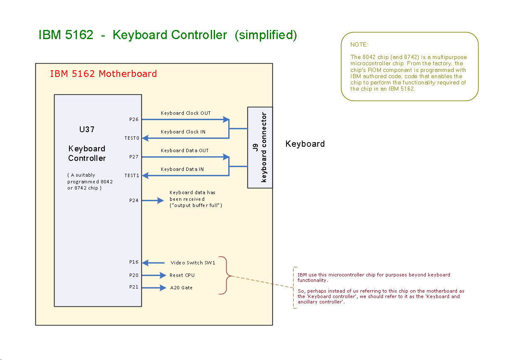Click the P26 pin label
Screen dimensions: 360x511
[x=133, y=119]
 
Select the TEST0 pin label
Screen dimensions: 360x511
[x=132, y=138]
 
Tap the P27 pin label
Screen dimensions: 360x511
[x=133, y=157]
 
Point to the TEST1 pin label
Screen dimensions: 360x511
[x=132, y=175]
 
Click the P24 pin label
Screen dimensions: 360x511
[x=133, y=200]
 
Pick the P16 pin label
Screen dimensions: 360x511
[x=133, y=262]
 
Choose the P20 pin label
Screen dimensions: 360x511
[x=133, y=275]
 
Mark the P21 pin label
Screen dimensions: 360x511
[x=133, y=288]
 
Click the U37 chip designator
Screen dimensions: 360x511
[x=87, y=129]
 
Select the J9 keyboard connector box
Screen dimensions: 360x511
[x=260, y=147]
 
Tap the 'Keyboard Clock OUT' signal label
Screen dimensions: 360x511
[x=185, y=113]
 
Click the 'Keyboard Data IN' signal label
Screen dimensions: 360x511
[x=182, y=169]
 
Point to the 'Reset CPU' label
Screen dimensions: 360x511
[x=182, y=275]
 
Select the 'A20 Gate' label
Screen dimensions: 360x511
[x=181, y=288]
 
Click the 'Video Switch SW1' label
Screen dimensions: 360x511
[x=193, y=263]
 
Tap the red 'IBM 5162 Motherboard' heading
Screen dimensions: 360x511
[x=103, y=74]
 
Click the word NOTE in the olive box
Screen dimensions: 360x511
[x=359, y=44]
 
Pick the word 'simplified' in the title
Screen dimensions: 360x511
[x=266, y=35]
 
